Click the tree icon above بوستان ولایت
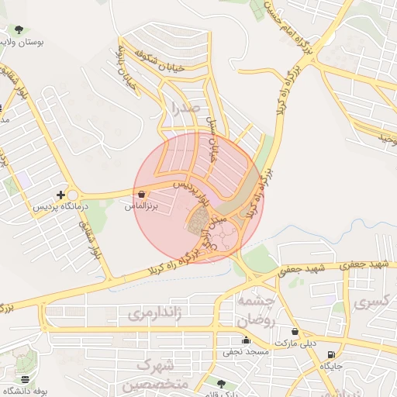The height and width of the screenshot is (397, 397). pos(19,29)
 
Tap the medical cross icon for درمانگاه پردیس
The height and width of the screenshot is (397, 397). pos(60,195)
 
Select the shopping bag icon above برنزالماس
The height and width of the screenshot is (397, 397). pos(141,195)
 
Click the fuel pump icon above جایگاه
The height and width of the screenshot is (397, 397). pos(332,354)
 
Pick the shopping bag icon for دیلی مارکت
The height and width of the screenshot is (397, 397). pos(294,332)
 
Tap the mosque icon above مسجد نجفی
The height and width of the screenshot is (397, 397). pos(246,340)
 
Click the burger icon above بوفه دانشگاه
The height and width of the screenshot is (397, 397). pos(26,379)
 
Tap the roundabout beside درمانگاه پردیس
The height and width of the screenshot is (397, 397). pos(74,195)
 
